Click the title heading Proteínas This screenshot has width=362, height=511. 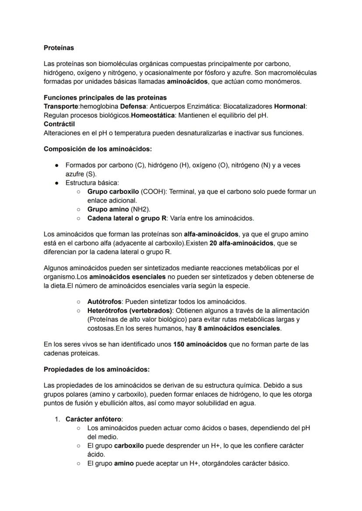point(59,48)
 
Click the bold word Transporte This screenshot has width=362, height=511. point(60,106)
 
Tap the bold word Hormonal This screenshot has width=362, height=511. point(290,106)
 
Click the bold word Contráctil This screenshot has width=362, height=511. point(59,124)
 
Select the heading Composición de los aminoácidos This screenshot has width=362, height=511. point(97,149)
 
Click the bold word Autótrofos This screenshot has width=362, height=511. point(104,302)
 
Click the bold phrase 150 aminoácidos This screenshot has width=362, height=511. point(200,344)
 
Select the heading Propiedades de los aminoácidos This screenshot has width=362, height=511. point(97,369)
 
